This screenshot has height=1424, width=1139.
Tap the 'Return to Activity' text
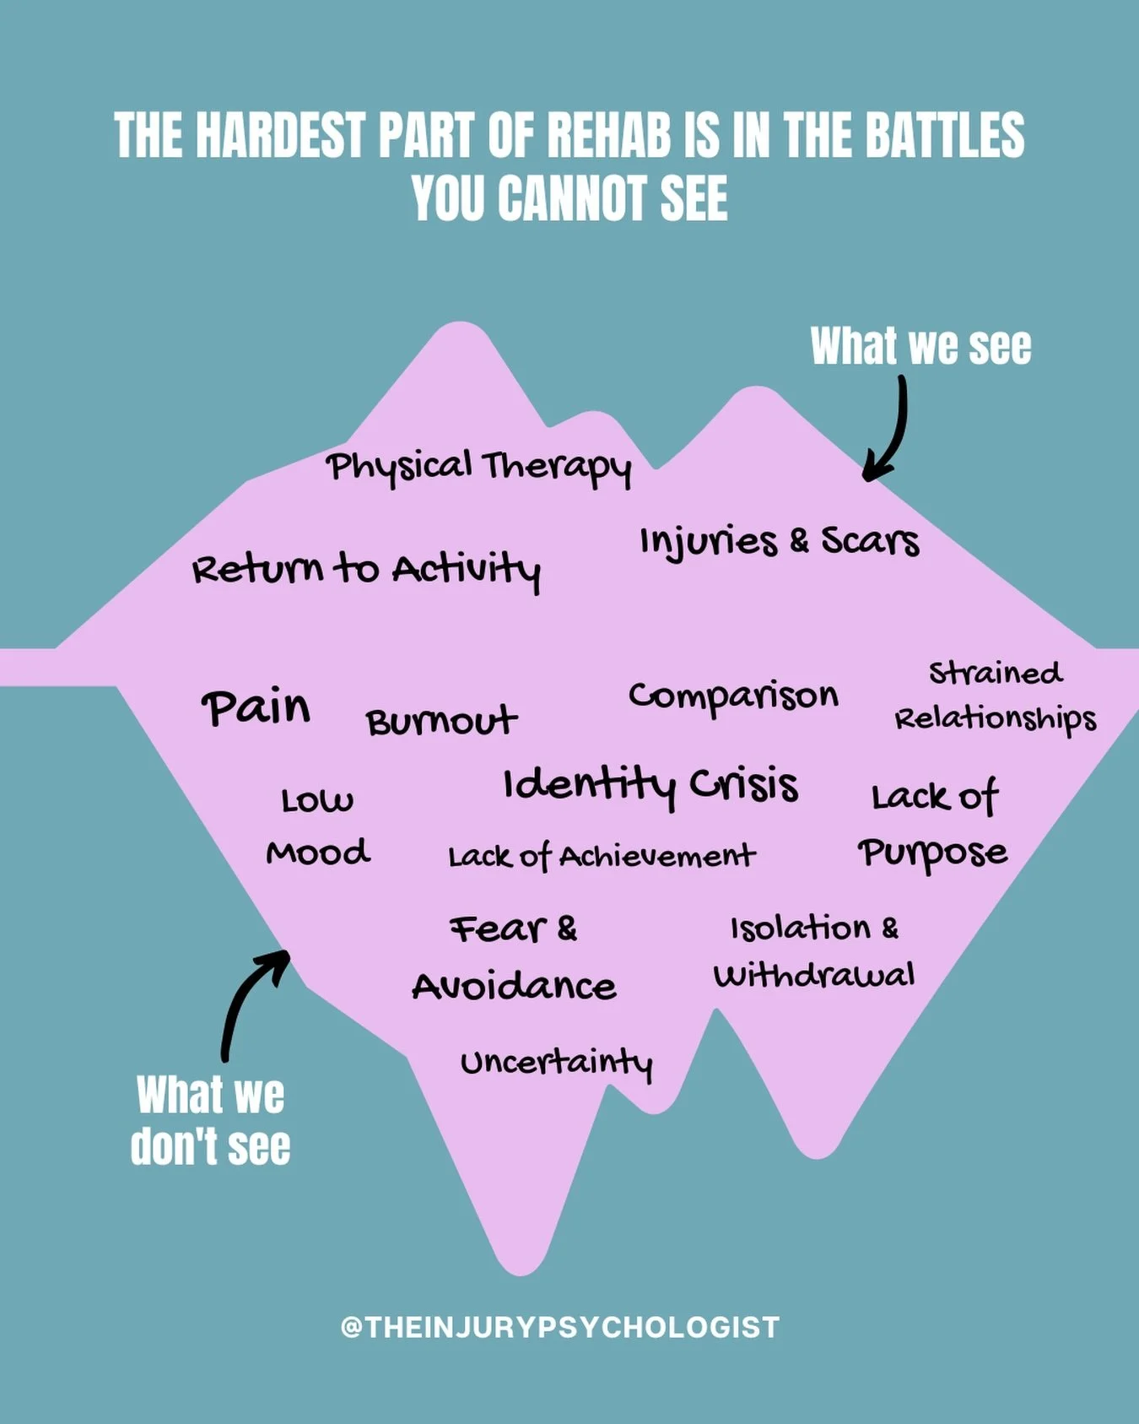[366, 569]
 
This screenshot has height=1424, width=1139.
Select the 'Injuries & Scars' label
[779, 541]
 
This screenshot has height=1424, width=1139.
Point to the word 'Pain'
[256, 707]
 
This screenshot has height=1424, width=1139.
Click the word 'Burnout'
[441, 722]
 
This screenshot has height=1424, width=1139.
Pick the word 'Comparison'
[733, 696]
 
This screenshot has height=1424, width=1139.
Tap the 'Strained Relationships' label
[995, 696]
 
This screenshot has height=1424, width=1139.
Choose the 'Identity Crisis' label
[650, 785]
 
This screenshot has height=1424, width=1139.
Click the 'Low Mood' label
[318, 826]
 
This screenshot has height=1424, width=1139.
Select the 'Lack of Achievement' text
[602, 857]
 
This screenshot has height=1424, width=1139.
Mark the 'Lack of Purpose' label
[933, 824]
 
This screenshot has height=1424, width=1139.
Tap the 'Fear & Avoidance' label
[514, 957]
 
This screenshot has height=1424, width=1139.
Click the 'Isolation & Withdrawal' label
[814, 951]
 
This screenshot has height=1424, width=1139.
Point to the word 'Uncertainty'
[557, 1063]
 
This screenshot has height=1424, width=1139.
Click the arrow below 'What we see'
[890, 430]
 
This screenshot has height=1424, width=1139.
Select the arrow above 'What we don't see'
[250, 1000]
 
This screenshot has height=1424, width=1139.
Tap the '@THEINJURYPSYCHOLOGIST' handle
[560, 1327]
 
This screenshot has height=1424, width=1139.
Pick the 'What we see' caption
[920, 346]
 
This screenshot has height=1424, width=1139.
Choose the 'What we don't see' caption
[211, 1120]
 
